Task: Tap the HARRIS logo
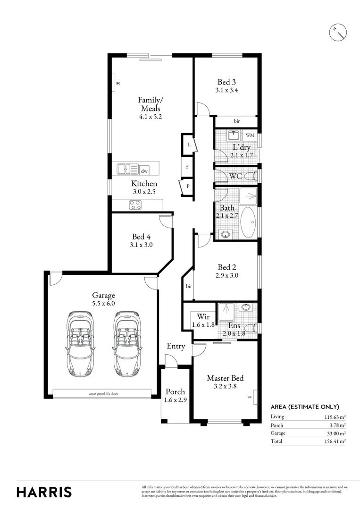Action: click(x=44, y=492)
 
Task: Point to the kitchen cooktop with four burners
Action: click(x=135, y=205)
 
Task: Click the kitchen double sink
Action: click(x=128, y=169)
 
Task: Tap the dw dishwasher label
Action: click(x=144, y=171)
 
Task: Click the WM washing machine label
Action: click(x=250, y=135)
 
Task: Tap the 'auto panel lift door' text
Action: click(x=102, y=393)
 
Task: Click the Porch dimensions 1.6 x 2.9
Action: click(x=175, y=400)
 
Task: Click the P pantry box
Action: click(x=187, y=186)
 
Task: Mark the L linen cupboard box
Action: click(x=188, y=144)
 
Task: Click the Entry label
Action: click(x=176, y=346)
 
